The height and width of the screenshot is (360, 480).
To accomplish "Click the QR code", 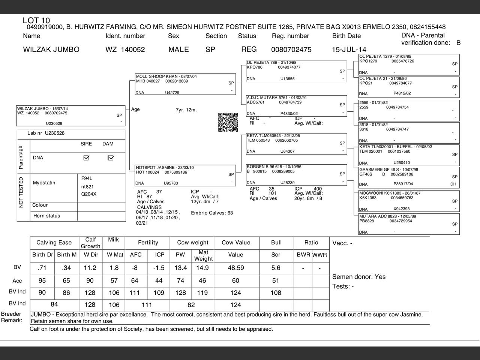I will point(228,122).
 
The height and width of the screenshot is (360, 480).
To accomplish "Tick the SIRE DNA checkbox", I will point(86,158).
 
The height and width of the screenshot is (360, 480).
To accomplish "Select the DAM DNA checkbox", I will point(110,158).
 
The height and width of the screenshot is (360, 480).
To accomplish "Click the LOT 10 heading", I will point(36,20).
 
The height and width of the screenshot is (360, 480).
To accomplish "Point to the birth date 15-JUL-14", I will point(349,49).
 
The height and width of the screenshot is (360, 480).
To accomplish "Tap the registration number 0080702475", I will point(291,49).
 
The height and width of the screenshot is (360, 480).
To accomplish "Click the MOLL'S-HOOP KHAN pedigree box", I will point(186,84).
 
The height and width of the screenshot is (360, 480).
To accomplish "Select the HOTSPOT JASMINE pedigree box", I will point(186,175).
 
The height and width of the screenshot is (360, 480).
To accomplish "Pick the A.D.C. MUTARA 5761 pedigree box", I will point(296,106).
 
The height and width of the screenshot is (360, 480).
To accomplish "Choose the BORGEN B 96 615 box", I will point(296,175).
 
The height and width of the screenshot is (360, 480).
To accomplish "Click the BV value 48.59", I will point(235,268).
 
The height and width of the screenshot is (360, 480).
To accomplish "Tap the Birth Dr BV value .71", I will point(42,268).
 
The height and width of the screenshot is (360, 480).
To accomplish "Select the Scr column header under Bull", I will point(276,255).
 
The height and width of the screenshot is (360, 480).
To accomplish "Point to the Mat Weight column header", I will point(203,255).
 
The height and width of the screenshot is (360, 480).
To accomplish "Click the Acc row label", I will point(17,281).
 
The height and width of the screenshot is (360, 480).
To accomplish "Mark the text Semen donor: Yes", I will point(358,277).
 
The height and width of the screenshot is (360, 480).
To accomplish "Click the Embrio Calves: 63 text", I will point(212,213).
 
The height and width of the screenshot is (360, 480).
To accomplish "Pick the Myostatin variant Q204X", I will point(89,194).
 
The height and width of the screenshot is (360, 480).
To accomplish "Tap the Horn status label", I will point(46,216).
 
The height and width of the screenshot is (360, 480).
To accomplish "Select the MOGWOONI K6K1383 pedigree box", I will point(409,201).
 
